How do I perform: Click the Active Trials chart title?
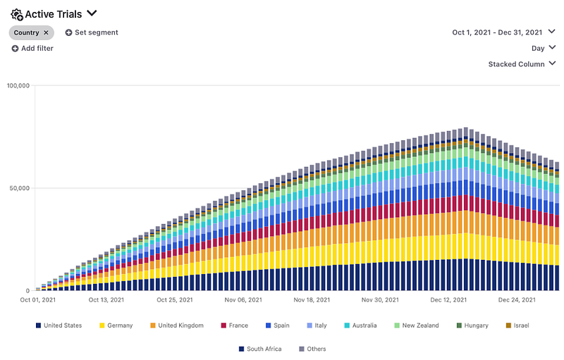tap(54, 13)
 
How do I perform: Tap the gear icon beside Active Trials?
tap(17, 13)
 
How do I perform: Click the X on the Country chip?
tap(47, 32)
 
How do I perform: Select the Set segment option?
tap(92, 32)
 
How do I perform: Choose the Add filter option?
tap(32, 48)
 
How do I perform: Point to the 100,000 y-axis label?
tap(18, 86)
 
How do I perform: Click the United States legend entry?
tap(62, 325)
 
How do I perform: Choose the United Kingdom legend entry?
tap(180, 325)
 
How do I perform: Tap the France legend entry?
tap(238, 325)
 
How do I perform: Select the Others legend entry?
tap(316, 349)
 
